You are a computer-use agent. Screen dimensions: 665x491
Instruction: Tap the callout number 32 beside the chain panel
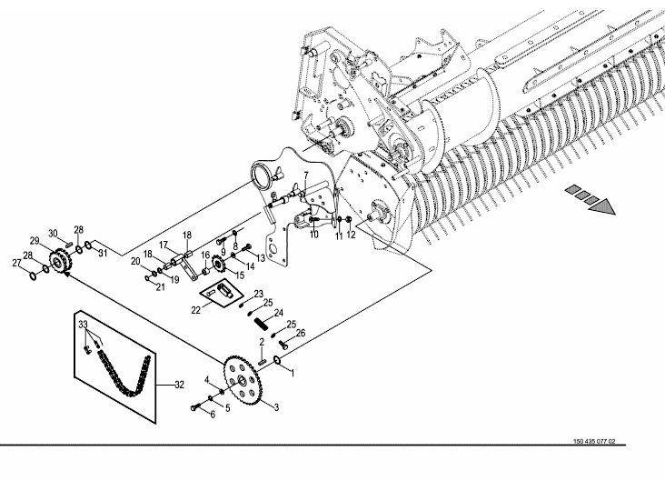[x=179, y=385]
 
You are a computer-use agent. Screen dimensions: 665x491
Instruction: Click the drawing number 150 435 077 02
[x=594, y=442]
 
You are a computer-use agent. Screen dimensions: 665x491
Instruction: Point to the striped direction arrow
[x=590, y=200]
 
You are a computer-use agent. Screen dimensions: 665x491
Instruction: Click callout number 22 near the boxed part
[x=195, y=311]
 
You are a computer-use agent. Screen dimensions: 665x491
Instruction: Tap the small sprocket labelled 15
[x=219, y=265]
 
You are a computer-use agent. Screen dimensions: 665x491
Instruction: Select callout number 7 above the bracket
[x=306, y=175]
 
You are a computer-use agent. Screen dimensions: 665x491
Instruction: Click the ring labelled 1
[x=278, y=360]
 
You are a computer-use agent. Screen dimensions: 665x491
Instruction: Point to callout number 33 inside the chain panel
[x=84, y=325]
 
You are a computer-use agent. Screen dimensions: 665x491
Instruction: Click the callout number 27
[x=16, y=264]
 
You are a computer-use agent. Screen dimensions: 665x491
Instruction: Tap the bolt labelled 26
[x=283, y=344]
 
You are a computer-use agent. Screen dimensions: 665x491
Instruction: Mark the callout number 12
[x=352, y=235]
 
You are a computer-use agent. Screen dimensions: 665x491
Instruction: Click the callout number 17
[x=164, y=245]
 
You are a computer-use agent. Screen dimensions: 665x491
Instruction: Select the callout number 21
[x=160, y=287]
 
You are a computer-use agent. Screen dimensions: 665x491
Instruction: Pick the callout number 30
[x=53, y=234]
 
